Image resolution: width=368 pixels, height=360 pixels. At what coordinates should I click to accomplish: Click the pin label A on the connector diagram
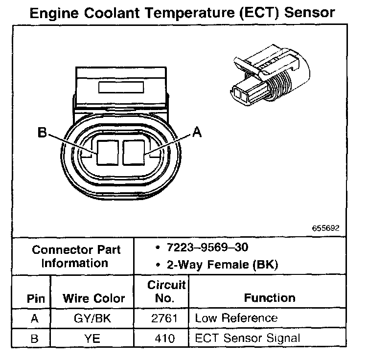[x=197, y=133]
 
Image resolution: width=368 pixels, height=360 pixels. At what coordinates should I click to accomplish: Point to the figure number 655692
[x=325, y=228]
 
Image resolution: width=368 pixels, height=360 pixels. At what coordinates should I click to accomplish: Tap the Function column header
[x=270, y=297]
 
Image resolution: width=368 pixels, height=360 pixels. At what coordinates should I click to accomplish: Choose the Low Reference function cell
[x=236, y=318]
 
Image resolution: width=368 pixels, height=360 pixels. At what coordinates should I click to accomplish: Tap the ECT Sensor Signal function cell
[x=247, y=337]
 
